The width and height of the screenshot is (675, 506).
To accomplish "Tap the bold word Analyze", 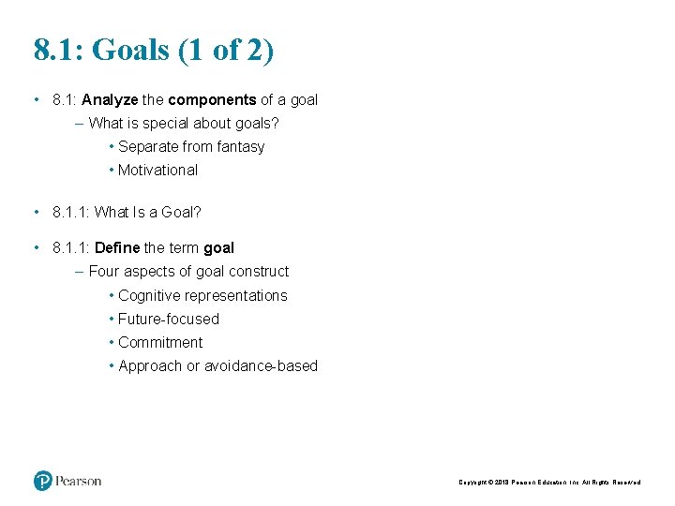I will click(110, 99).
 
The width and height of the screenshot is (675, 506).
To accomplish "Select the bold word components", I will click(212, 99).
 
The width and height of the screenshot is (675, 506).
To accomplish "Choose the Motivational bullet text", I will click(157, 170).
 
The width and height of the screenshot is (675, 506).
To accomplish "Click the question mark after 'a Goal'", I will click(197, 212).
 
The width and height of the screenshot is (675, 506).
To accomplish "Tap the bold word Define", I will click(117, 247).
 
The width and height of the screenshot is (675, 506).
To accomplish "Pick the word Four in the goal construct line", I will click(104, 271).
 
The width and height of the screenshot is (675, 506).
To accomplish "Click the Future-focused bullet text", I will click(168, 319).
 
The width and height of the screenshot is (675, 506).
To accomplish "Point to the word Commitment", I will click(159, 342).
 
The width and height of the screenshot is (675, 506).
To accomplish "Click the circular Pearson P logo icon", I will click(43, 481).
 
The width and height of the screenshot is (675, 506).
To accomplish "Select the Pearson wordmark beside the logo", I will click(78, 481).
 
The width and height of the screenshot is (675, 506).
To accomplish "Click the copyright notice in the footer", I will click(549, 483).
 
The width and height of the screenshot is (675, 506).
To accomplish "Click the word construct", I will click(260, 271).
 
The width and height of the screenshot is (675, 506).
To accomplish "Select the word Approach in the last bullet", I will click(150, 365).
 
